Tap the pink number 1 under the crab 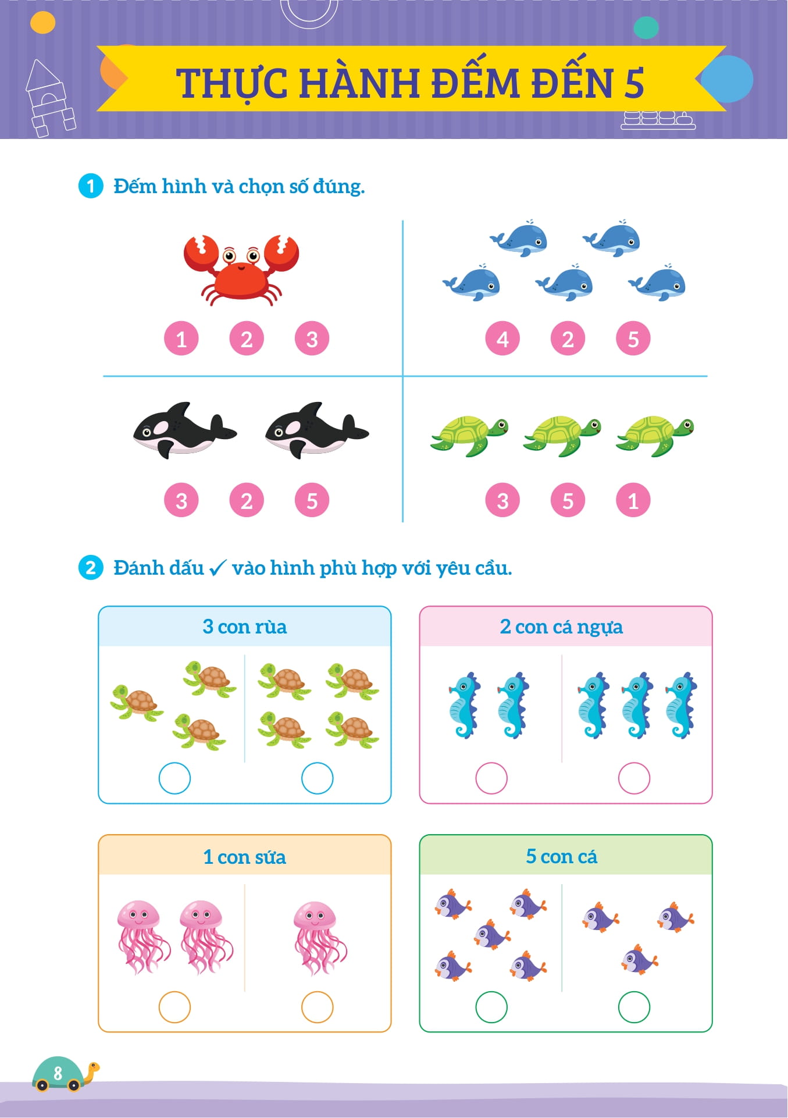[181, 339]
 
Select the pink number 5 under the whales [633, 339]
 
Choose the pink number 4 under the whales [502, 339]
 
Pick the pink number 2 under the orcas [247, 500]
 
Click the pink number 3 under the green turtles [502, 500]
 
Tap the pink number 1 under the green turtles [633, 500]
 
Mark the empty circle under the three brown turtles [174, 778]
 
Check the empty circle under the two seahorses [491, 778]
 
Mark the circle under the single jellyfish [317, 1007]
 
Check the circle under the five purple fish [491, 1007]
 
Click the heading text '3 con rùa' [244, 626]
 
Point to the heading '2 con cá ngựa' [561, 626]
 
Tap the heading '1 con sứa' [244, 857]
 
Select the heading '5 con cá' [561, 856]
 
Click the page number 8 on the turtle [58, 1073]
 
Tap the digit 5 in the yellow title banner [634, 83]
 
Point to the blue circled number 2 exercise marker [91, 568]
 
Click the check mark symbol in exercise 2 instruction [217, 568]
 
